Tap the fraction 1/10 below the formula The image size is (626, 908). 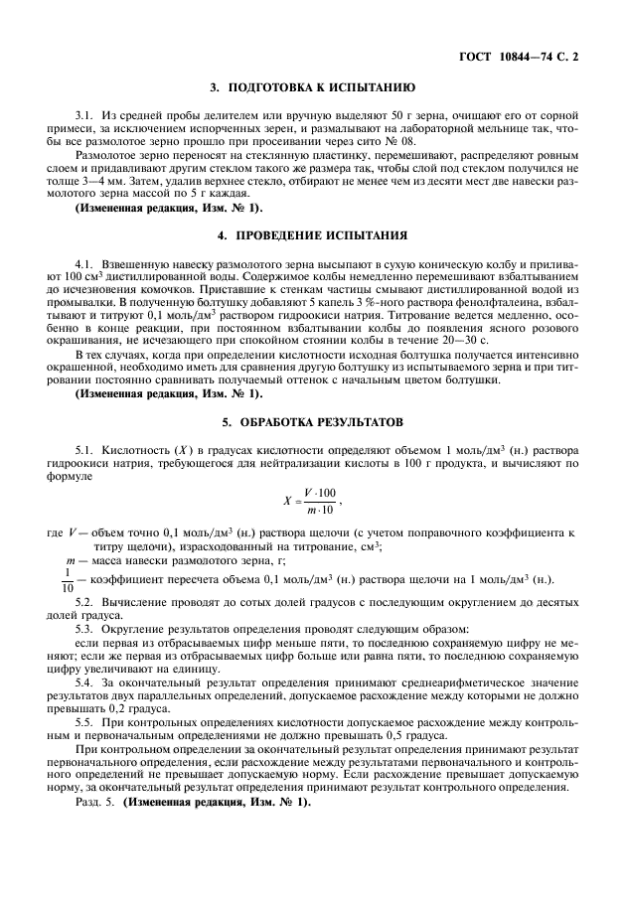coord(68,579)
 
